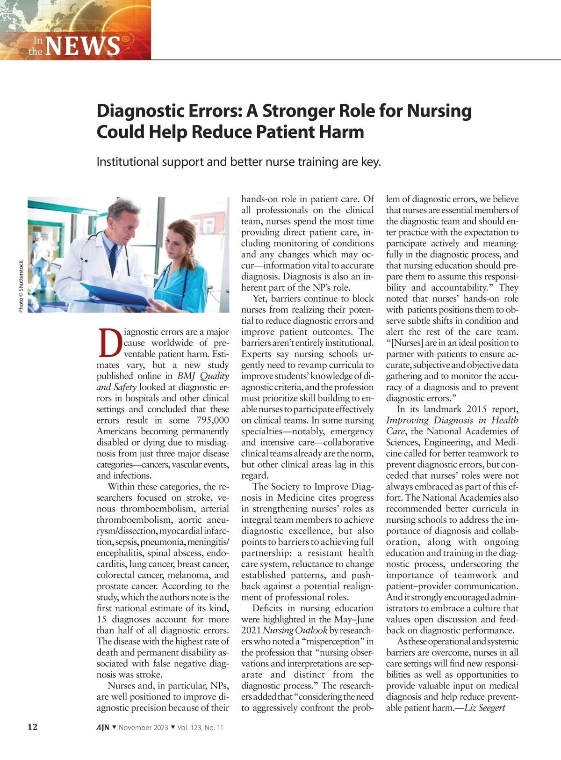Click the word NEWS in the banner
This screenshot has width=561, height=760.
click(83, 46)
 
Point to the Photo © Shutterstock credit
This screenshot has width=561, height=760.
click(21, 286)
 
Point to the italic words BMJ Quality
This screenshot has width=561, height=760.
click(203, 376)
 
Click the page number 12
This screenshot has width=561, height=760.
click(32, 727)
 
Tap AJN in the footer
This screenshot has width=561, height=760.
click(103, 728)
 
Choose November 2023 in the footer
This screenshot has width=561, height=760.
click(143, 728)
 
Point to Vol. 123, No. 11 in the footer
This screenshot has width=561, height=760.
click(200, 728)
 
